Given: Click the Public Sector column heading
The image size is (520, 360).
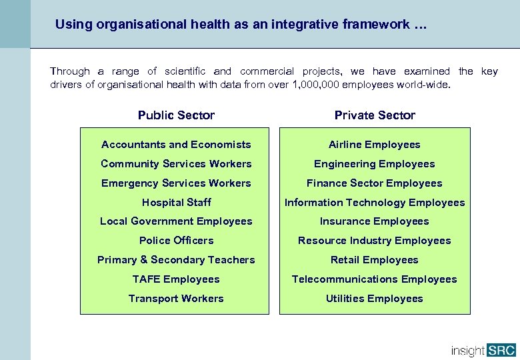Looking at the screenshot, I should pos(176,115).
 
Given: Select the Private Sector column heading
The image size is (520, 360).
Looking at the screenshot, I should pos(375,115).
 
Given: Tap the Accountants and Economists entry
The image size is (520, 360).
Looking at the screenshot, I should pos(176,145).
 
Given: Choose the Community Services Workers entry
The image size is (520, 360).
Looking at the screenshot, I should pos(176,164).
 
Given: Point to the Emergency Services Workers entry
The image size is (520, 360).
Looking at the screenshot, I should pos(176,183).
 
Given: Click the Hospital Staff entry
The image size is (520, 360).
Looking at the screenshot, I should pos(176,203).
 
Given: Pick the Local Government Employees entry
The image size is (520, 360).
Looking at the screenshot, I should pos(176,221).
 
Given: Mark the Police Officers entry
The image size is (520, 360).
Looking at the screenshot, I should pos(176,241).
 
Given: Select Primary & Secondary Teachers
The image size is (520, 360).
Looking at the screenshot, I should pos(176,260).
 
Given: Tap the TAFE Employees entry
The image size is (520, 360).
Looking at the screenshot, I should pos(176,279).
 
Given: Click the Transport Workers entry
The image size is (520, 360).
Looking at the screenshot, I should pos(176,299).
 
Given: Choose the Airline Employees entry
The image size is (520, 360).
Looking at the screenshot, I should pos(375,145).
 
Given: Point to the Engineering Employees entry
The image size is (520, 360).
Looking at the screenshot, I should pos(375,164).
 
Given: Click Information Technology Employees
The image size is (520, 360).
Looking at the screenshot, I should pos(375,203).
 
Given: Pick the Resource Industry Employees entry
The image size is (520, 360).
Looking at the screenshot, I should pos(375,241).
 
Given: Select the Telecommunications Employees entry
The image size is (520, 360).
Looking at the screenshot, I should pos(375,279).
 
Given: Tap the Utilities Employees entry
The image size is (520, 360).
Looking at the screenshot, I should pos(375,299).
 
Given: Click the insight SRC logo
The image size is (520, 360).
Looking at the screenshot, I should pos(483,350).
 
